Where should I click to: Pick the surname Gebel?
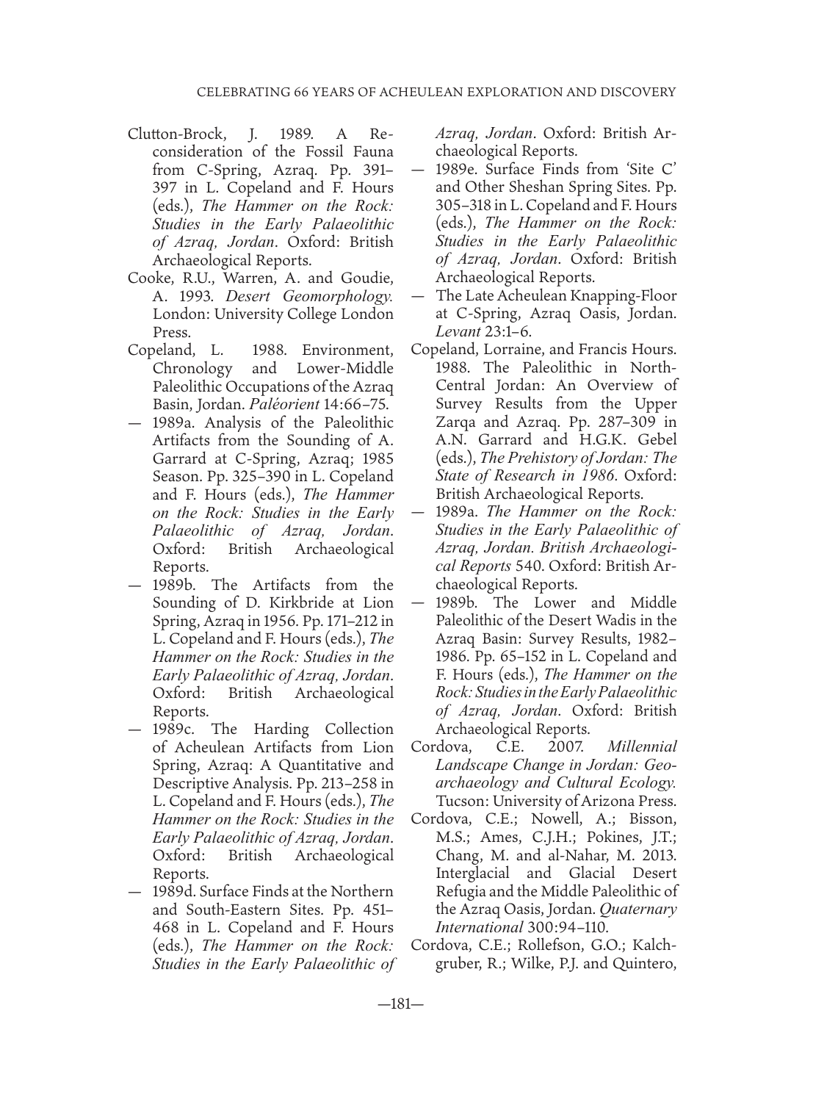[656, 440]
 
